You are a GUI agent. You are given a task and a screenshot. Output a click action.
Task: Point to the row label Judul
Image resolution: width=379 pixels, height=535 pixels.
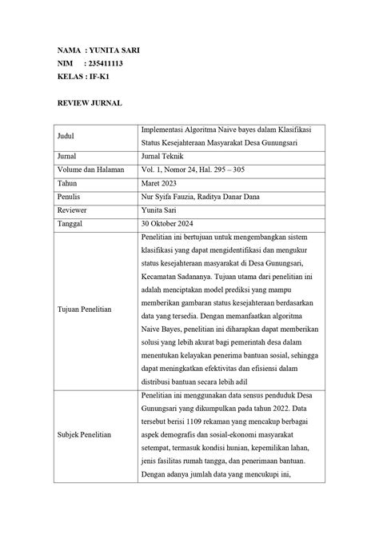click(x=65, y=136)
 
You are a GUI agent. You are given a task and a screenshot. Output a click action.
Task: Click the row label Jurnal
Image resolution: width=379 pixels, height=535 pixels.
click(x=66, y=157)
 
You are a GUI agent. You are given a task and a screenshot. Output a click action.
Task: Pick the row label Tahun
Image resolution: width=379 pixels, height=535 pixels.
click(x=66, y=183)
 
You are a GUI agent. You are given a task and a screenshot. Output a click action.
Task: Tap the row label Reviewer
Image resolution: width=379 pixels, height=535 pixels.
click(x=70, y=210)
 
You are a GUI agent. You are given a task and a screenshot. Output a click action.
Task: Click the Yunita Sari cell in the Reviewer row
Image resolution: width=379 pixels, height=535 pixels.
click(x=161, y=210)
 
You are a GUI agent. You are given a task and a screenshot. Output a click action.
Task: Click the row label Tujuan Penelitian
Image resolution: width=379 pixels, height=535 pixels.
click(x=84, y=308)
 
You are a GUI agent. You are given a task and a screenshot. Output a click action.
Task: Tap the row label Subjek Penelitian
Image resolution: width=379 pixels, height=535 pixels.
click(x=84, y=434)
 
